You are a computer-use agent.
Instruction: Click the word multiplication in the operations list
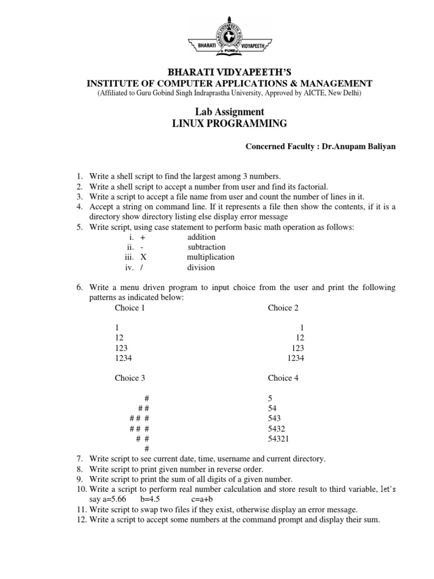pos(210,257)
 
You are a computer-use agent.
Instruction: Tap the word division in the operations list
pos(201,267)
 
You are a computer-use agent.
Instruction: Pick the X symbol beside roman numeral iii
pos(143,257)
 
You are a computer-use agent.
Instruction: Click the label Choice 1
pos(130,308)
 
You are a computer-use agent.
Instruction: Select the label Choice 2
pos(283,308)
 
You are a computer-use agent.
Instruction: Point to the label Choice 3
pos(130,378)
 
